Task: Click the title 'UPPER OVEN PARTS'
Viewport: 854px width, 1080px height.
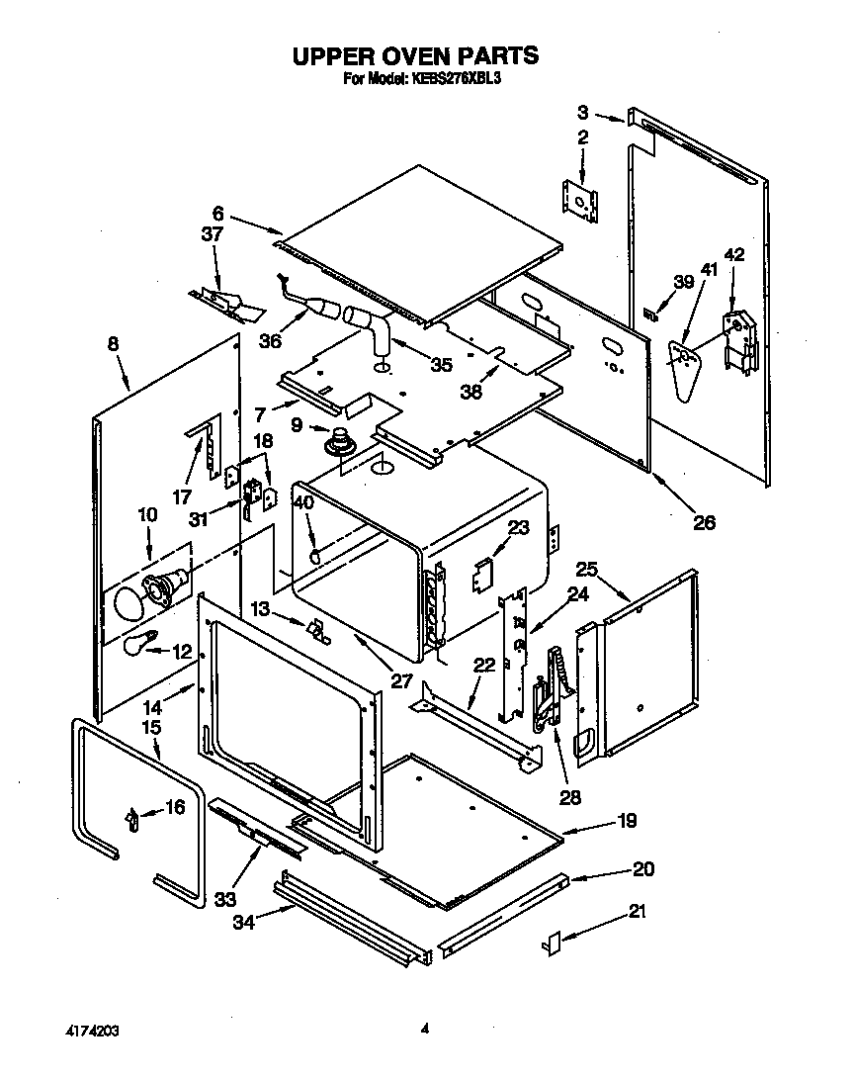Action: click(414, 55)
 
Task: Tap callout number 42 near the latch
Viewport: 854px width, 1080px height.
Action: click(733, 255)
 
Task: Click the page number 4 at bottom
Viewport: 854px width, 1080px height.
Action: click(424, 1029)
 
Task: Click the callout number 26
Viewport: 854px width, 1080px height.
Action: click(704, 522)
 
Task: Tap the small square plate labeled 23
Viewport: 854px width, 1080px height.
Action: click(484, 573)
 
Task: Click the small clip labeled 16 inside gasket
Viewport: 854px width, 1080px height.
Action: click(129, 817)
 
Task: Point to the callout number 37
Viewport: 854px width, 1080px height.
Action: click(213, 234)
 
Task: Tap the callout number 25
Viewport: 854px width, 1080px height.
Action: click(587, 570)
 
